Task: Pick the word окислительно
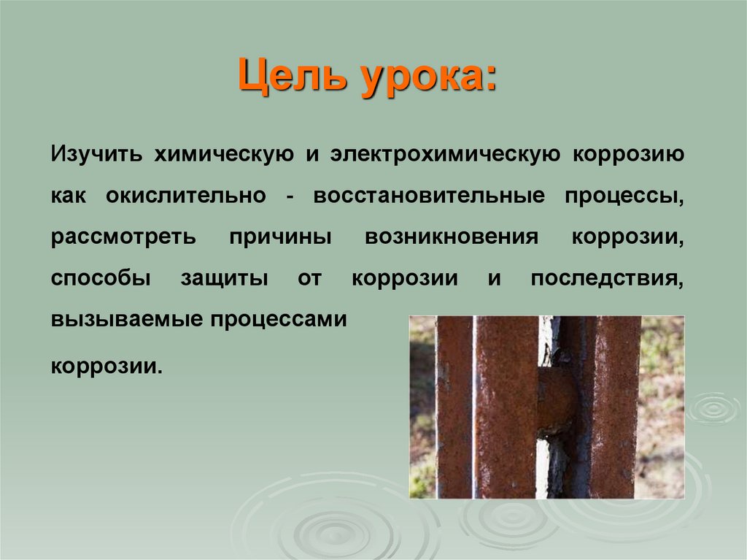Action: point(186,196)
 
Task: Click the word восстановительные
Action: point(429,196)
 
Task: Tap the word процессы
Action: point(624,196)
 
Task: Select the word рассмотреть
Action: point(123,237)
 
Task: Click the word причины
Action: point(280,237)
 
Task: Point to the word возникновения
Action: point(452,237)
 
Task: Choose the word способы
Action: point(101,277)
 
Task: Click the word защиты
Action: point(224,279)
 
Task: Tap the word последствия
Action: point(608,279)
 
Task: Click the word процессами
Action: point(279,320)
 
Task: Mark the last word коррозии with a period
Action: point(107,367)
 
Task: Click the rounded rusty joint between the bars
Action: point(557,399)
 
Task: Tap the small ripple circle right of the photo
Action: point(713,408)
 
